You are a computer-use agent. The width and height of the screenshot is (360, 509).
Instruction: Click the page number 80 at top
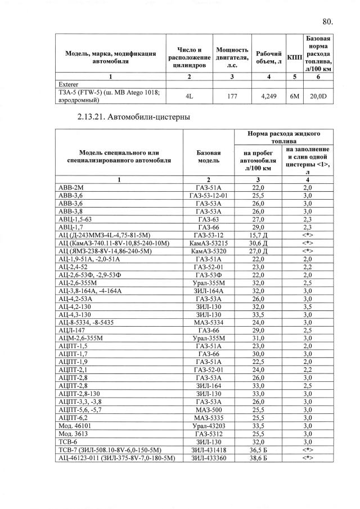[328, 22]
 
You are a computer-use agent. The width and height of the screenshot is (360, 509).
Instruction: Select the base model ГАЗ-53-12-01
[208, 195]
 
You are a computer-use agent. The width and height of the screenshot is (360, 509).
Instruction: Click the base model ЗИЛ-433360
[208, 458]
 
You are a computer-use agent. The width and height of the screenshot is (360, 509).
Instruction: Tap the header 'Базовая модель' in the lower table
[208, 156]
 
